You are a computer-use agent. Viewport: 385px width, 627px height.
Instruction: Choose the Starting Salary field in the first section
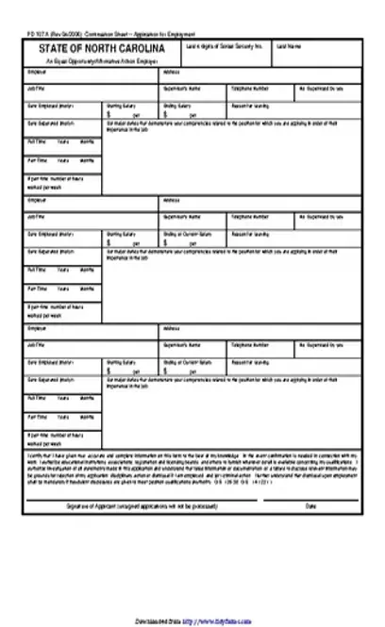point(132,109)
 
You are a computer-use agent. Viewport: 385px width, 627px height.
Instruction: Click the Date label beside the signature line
point(311,507)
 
